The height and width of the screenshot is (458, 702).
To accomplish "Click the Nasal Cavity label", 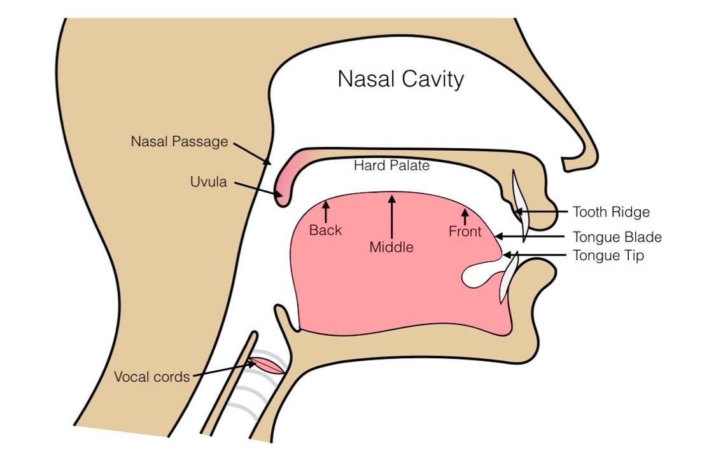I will point(400,79).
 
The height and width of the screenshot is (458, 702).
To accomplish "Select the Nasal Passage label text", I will point(179,141).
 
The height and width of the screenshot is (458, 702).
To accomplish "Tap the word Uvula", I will point(207,182).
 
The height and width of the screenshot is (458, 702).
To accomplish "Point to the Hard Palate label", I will point(391,166).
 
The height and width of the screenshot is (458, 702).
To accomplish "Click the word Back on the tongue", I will point(325,230).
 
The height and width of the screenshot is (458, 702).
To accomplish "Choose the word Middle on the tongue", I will point(391,247).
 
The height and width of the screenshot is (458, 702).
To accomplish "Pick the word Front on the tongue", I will point(465,232).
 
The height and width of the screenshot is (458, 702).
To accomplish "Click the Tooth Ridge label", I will point(611,212).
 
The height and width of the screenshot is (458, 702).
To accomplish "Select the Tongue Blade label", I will point(617,237).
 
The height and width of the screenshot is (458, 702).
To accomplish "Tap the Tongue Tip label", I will point(608,256).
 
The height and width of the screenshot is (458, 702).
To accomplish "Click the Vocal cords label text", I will point(151,377).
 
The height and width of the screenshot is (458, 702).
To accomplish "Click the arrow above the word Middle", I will point(391,216).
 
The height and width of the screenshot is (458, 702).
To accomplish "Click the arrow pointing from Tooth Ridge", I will point(541,211).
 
